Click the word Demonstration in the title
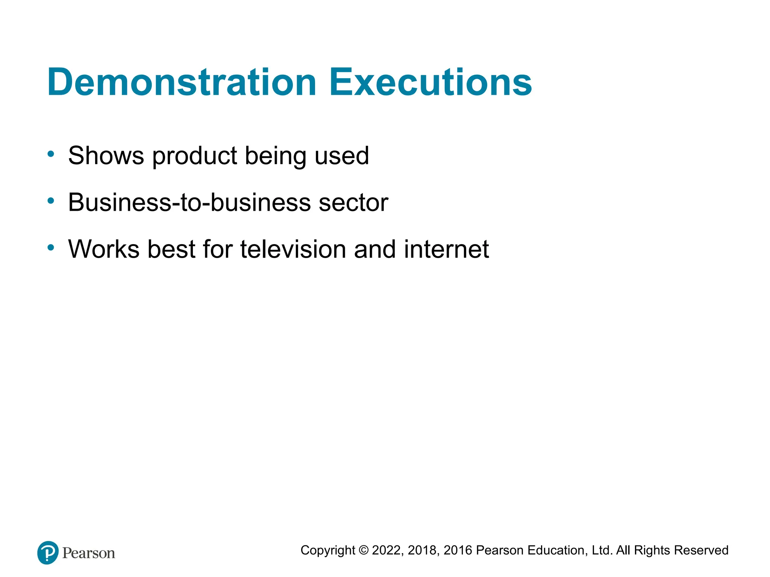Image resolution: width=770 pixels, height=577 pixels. (182, 82)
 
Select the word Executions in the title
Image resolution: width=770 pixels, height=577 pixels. (430, 82)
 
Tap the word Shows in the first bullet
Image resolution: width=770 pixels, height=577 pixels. (106, 156)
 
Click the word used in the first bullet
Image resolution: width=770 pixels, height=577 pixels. (342, 156)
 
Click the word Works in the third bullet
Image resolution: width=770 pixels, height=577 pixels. (103, 249)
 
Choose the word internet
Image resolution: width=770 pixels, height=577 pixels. (446, 249)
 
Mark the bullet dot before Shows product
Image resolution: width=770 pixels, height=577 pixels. (51, 154)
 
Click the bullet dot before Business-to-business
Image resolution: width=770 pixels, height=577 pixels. (51, 201)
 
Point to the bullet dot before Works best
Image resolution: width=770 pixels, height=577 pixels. (51, 247)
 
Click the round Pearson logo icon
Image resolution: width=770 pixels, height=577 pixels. (48, 553)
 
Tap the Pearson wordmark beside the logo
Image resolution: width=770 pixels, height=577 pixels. (89, 553)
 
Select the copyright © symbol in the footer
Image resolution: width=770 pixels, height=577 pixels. (364, 550)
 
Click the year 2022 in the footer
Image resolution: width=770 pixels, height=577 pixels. (387, 550)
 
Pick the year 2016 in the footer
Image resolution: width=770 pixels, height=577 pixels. (458, 550)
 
